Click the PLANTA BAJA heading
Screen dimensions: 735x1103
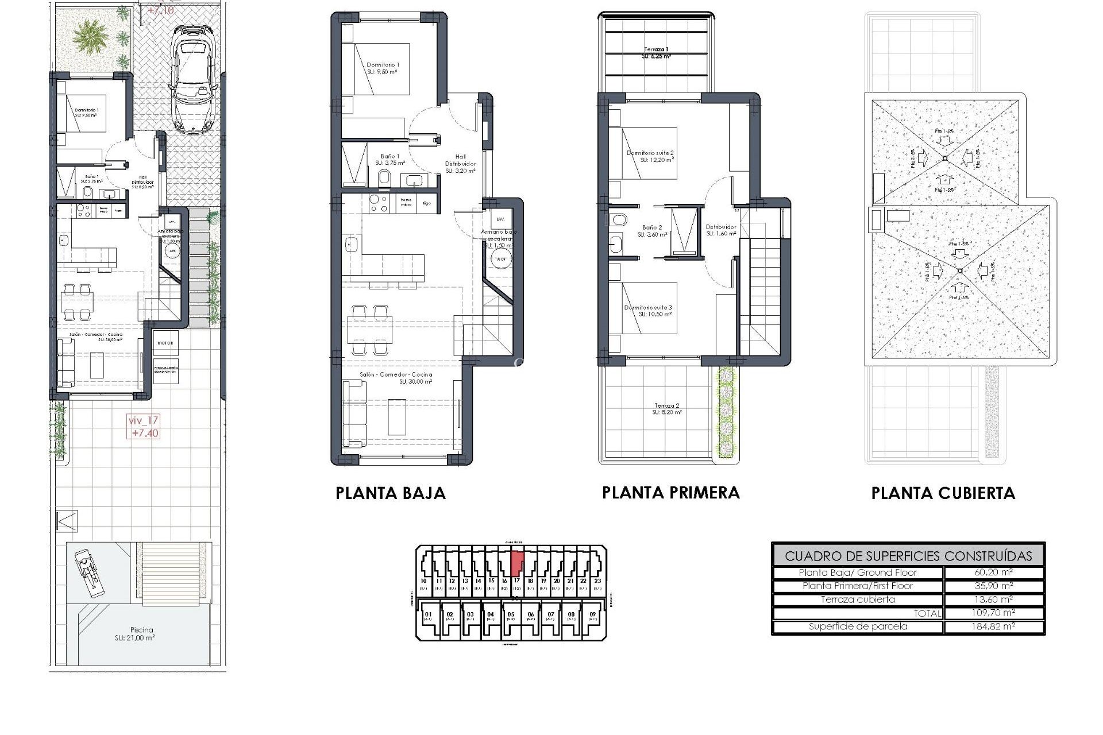point(390,493)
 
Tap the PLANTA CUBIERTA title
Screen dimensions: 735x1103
point(943,493)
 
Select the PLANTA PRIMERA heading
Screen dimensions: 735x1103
point(670,493)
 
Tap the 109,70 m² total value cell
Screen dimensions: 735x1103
point(993,613)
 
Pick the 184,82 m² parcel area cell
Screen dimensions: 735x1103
point(993,626)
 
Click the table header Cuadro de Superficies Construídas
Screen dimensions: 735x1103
point(908,556)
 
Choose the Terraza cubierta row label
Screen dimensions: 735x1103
point(858,599)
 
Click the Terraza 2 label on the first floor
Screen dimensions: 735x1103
point(666,406)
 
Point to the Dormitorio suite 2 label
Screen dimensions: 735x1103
point(650,153)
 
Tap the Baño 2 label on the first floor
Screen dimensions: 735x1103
point(652,227)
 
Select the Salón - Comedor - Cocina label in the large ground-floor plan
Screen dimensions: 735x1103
point(396,374)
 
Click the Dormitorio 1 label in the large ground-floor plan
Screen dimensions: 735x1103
point(383,65)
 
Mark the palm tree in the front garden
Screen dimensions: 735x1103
point(90,36)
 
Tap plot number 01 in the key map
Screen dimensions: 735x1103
point(428,614)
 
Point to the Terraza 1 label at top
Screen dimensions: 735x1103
point(655,50)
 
